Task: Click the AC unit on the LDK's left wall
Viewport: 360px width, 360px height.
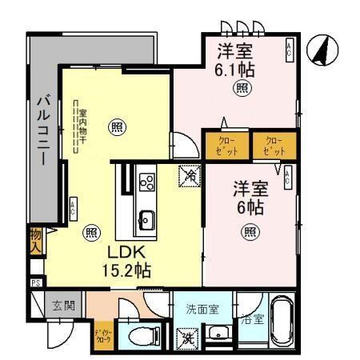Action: [x=73, y=208]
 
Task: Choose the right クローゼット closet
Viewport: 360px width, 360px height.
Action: [x=274, y=146]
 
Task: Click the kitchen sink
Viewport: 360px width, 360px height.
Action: [x=146, y=217]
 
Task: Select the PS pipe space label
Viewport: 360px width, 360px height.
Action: [x=37, y=282]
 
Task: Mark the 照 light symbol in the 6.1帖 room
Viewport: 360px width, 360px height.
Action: [x=242, y=90]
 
